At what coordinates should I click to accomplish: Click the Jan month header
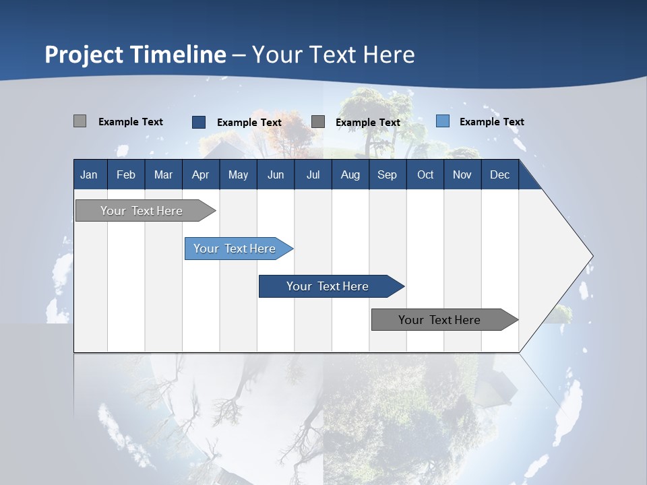click(89, 174)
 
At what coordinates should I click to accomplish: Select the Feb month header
click(126, 174)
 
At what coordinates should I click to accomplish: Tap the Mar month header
click(163, 174)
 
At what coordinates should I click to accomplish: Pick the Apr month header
click(201, 174)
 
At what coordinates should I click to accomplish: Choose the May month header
click(238, 174)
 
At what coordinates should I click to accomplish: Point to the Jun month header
click(276, 174)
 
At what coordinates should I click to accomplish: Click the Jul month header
click(313, 174)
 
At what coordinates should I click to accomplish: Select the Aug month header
click(350, 174)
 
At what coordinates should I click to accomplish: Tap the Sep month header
click(388, 174)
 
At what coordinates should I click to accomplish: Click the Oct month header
click(425, 174)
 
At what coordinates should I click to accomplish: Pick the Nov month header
click(462, 174)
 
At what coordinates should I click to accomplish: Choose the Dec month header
click(500, 174)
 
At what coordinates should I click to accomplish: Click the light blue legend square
click(442, 121)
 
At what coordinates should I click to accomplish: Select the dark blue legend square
click(199, 122)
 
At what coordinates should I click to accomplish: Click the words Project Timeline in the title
click(135, 55)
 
